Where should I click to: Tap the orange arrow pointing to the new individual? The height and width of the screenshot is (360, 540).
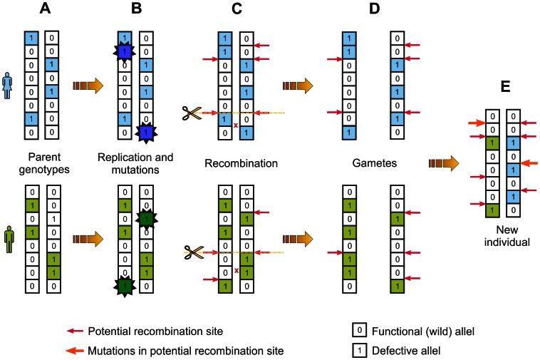[x=442, y=165]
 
